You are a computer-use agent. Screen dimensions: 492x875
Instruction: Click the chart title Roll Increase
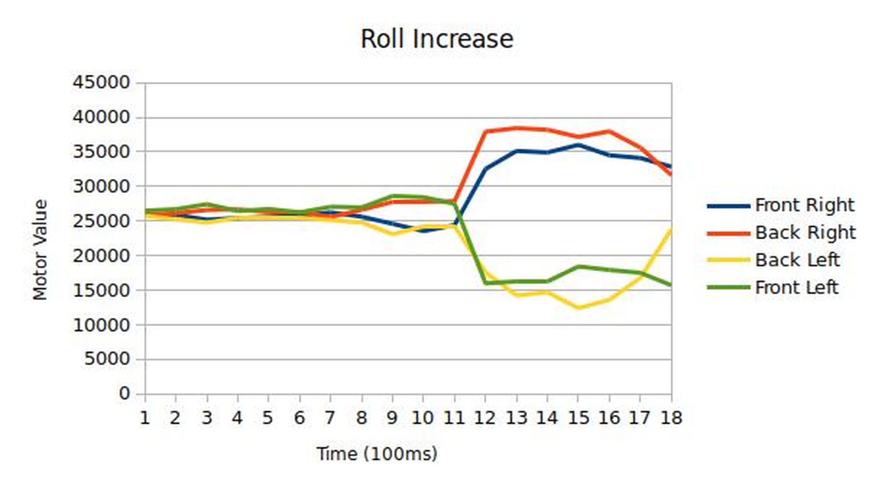coord(437,39)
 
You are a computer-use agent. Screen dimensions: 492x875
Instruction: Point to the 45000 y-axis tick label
coord(101,83)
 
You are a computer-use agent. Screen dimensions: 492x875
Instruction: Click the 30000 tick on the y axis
coord(101,186)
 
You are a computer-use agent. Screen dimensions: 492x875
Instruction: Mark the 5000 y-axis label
coord(107,359)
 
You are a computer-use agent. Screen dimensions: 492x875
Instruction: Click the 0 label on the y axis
coord(124,394)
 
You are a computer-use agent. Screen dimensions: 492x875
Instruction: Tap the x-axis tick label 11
coord(454,418)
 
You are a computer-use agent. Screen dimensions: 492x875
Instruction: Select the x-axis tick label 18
coord(671,418)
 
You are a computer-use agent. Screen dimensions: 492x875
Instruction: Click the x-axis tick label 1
coord(145,418)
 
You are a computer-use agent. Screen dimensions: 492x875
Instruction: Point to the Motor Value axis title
coord(40,249)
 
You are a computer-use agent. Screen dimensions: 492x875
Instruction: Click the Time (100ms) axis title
coord(377,454)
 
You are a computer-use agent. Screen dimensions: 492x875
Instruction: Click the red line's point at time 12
coord(485,131)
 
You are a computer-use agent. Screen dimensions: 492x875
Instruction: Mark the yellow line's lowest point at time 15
coord(578,308)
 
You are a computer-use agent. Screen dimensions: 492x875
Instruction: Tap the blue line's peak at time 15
coord(578,145)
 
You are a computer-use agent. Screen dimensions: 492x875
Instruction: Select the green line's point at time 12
coord(485,283)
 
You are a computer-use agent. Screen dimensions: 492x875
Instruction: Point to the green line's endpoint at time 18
coord(670,285)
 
